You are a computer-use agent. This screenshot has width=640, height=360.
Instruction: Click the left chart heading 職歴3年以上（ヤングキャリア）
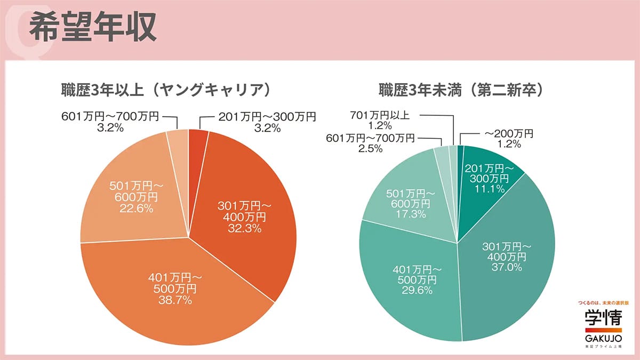tap(164, 90)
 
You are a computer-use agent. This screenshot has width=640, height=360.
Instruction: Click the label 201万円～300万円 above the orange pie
tap(267, 116)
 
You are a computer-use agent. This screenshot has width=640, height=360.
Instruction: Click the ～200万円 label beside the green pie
tap(507, 133)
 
